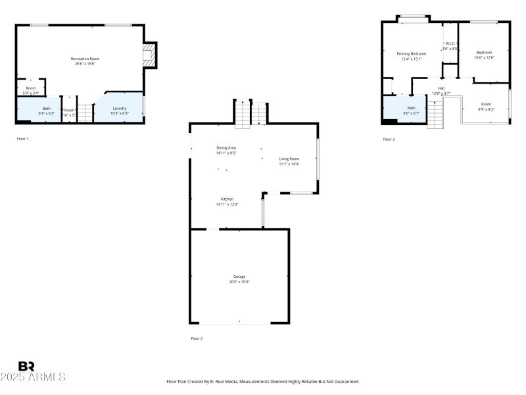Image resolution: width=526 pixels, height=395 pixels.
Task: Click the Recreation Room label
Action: coord(85,59)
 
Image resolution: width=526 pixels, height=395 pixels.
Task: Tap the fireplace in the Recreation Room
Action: coord(151,55)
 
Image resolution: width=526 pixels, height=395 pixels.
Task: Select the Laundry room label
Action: coord(119,108)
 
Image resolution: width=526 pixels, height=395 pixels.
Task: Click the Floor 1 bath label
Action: coord(47,108)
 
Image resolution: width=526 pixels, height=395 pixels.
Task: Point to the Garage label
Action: coord(239,276)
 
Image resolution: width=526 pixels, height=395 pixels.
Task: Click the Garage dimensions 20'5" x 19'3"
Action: coord(239,282)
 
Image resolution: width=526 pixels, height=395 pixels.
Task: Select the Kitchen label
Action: coord(227,199)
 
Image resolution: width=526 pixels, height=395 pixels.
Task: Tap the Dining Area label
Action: coord(226,147)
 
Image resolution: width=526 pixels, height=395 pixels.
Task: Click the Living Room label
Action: coord(289,159)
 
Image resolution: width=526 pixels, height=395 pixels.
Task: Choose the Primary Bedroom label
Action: coord(412,53)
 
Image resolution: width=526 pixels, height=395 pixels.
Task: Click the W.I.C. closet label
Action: coord(450,43)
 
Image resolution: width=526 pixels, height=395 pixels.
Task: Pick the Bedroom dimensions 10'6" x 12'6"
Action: coord(484,58)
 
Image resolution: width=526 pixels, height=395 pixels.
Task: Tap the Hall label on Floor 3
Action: coord(441,88)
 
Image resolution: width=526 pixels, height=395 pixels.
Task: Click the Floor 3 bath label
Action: coord(411,108)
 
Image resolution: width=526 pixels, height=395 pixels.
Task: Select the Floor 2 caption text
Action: coord(197,338)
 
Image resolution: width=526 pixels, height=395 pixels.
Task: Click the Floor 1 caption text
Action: coord(22,139)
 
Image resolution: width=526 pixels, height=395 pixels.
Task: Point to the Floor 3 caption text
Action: coord(389,139)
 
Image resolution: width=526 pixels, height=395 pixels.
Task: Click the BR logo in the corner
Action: coord(26,366)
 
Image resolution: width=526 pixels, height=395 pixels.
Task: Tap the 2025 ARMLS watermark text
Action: coord(33,377)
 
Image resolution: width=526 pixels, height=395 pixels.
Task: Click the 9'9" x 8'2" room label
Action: coord(486,107)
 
